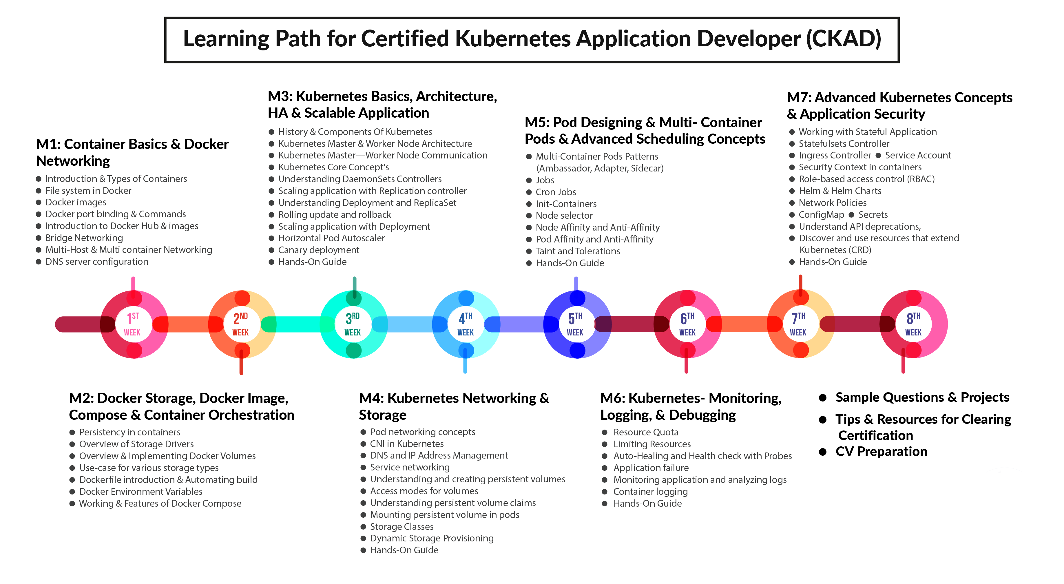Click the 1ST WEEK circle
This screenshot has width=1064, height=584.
click(133, 324)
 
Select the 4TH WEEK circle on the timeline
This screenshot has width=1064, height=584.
click(466, 324)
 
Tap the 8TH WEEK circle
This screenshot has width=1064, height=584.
click(913, 324)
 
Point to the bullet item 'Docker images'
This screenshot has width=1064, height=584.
click(76, 202)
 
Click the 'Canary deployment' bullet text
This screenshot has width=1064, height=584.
click(318, 250)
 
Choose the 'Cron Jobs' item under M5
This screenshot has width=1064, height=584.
click(556, 192)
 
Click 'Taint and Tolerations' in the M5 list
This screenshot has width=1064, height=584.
click(577, 251)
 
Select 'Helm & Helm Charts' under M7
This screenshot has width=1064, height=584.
click(840, 191)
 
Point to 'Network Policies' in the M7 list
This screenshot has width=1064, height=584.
click(832, 203)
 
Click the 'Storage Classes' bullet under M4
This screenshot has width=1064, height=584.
click(401, 527)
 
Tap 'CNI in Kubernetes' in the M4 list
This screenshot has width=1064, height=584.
click(406, 444)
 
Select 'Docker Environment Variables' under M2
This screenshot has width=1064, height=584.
click(140, 492)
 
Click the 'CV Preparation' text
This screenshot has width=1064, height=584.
click(881, 451)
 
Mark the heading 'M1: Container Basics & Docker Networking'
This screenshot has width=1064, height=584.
click(132, 152)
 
